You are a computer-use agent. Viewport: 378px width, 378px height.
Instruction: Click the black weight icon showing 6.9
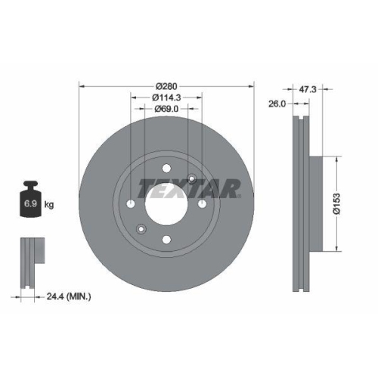(x=31, y=200)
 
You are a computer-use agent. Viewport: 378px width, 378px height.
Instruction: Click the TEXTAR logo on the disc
(x=189, y=187)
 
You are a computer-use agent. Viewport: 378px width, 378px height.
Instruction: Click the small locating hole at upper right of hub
(x=193, y=179)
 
